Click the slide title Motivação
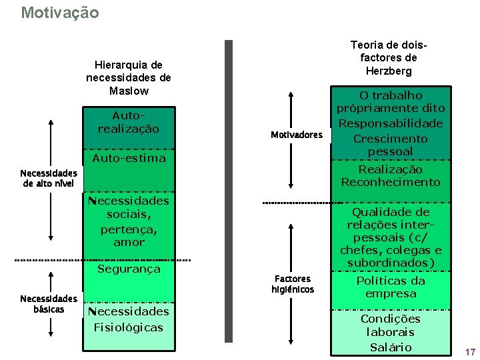click(x=60, y=13)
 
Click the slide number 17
click(x=471, y=352)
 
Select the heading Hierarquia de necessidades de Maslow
click(x=129, y=77)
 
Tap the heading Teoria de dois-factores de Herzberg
click(x=389, y=57)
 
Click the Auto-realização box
click(x=129, y=122)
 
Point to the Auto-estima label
click(x=129, y=159)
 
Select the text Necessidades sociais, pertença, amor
click(x=129, y=221)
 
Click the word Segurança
click(x=129, y=269)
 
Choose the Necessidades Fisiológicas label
click(x=129, y=319)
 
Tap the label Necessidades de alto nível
click(x=49, y=178)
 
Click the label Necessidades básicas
click(x=49, y=304)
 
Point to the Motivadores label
click(x=297, y=135)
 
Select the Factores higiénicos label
click(x=293, y=284)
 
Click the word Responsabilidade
click(x=391, y=123)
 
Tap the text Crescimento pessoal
click(x=391, y=145)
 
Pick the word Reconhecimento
click(x=391, y=182)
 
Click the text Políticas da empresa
click(x=391, y=287)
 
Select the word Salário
click(x=391, y=347)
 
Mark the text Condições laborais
click(x=391, y=325)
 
